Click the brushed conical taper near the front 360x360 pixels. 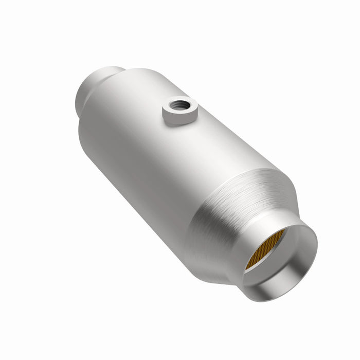coord(231,206)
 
